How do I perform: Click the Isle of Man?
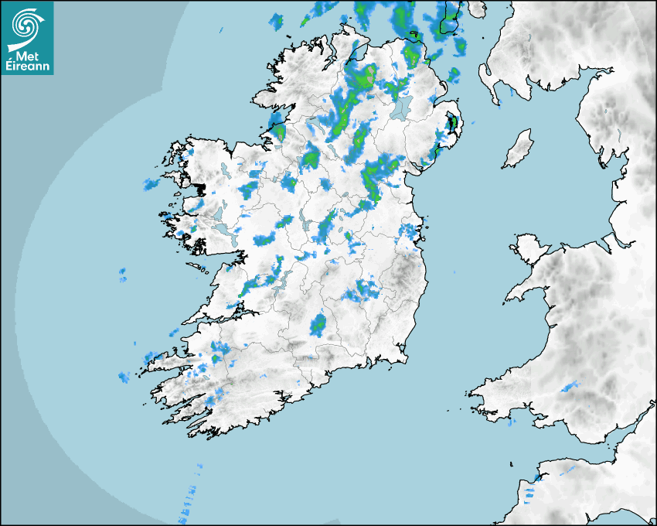coord(519,149)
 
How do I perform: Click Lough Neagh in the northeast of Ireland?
coord(400,109)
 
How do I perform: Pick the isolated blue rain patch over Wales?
coord(570,386)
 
